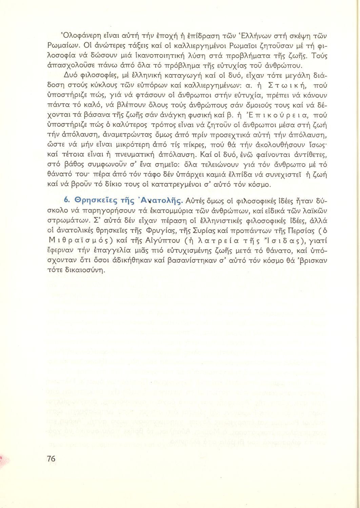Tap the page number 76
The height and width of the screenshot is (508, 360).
tap(51, 459)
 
